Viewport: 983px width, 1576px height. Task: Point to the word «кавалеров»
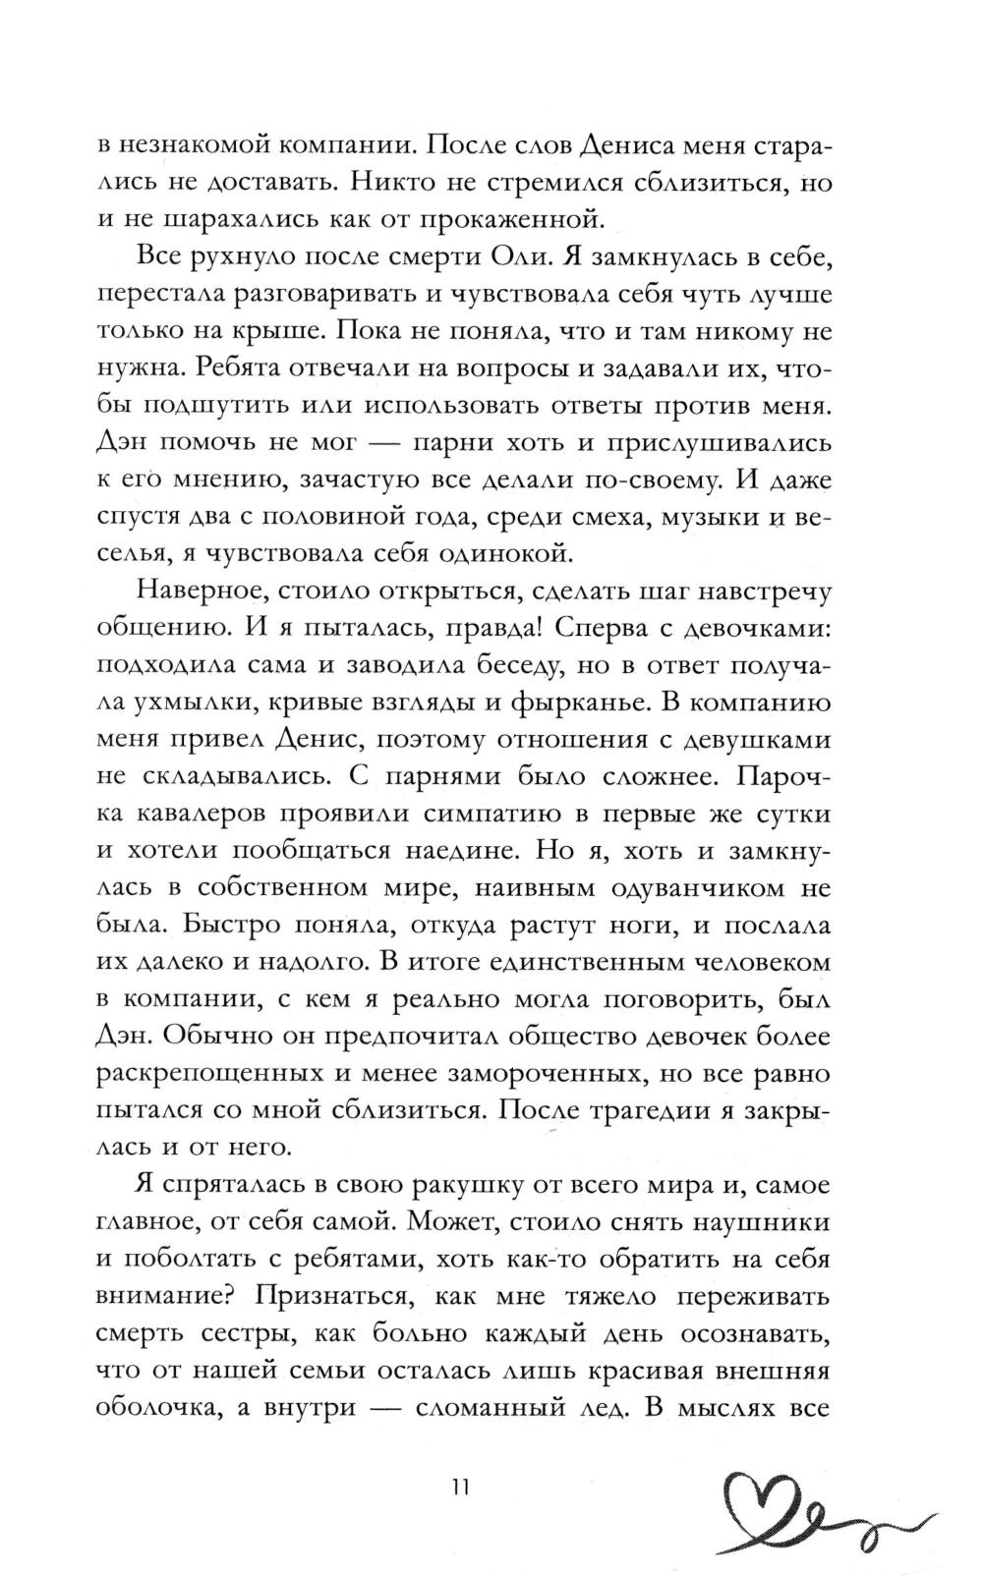pos(203,816)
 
